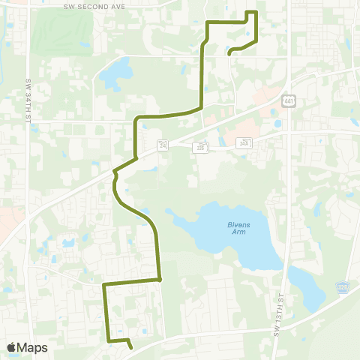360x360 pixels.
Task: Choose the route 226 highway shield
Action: (x=200, y=148)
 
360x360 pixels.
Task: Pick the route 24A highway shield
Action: (x=245, y=142)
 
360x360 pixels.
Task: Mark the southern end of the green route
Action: (x=131, y=348)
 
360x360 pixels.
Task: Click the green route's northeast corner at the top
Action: (x=256, y=13)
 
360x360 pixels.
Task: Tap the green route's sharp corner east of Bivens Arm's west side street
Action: (x=160, y=280)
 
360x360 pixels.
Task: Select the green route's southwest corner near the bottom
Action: (x=109, y=341)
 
